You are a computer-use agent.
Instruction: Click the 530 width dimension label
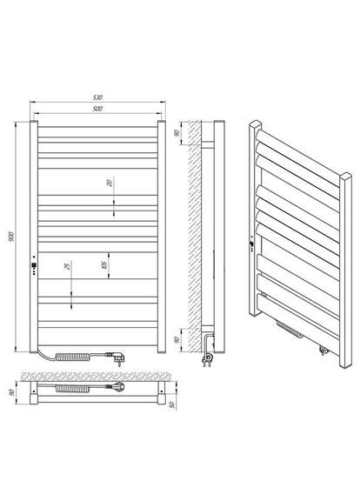(97, 97)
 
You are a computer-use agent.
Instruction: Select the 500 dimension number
(97, 109)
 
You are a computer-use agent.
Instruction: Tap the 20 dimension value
(110, 183)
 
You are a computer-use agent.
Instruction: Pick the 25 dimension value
(67, 266)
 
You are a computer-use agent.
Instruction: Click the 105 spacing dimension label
(104, 265)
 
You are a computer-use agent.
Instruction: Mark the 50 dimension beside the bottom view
(172, 404)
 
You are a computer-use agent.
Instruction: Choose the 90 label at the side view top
(177, 133)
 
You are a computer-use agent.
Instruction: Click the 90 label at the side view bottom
(177, 340)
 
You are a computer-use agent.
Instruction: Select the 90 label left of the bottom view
(12, 392)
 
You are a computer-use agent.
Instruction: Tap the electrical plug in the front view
(116, 357)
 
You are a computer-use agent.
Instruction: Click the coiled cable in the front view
(73, 357)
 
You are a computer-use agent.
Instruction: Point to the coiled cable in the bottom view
(73, 388)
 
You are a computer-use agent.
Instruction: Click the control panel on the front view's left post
(34, 265)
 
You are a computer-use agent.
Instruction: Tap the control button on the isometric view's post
(252, 244)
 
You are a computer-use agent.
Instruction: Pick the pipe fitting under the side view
(208, 353)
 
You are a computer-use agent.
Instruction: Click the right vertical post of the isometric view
(345, 271)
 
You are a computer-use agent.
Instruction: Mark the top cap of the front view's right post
(162, 122)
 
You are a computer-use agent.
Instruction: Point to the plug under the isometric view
(323, 350)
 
